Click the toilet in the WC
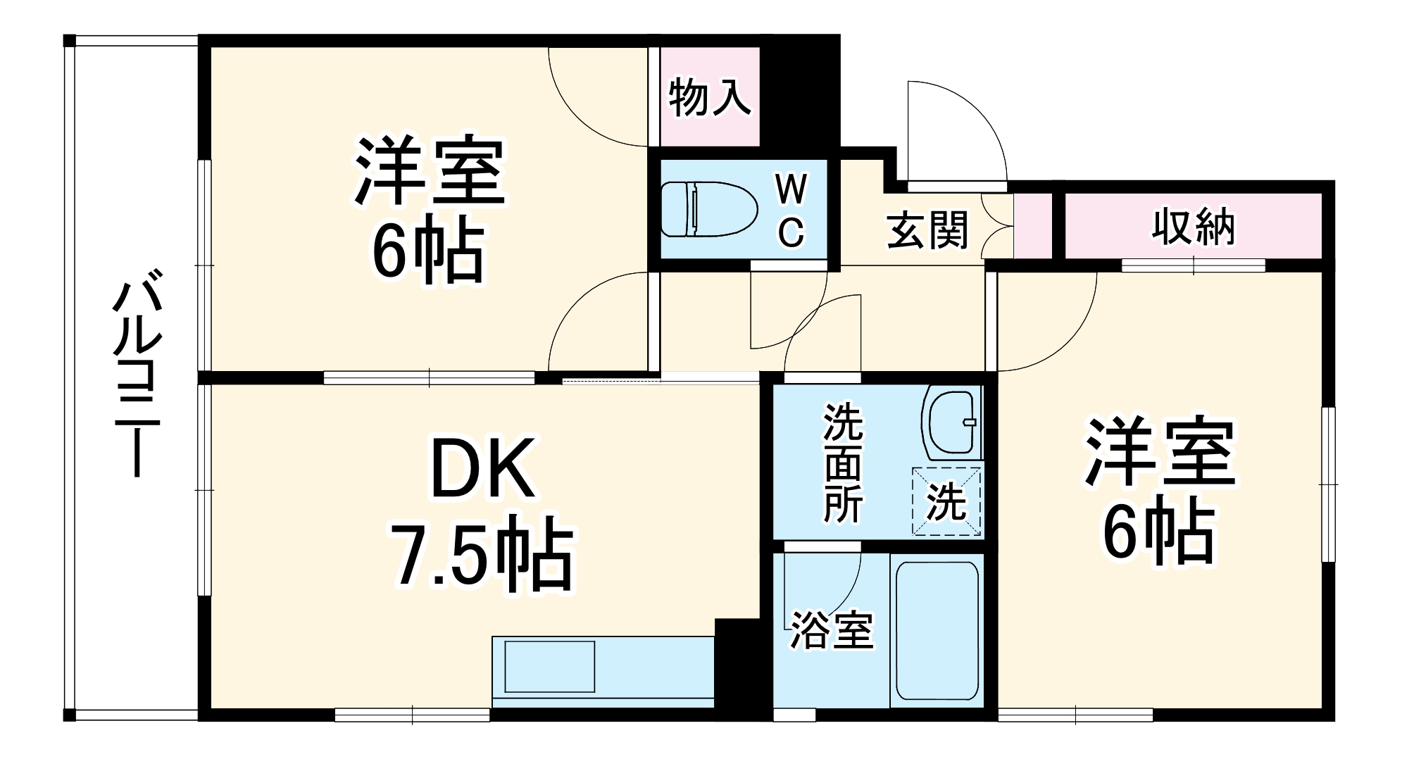click(708, 209)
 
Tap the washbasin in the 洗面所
click(953, 422)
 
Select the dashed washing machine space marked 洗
click(946, 501)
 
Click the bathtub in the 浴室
click(937, 629)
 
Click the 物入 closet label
click(709, 97)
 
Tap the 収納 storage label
click(1193, 227)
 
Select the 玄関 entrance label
click(927, 230)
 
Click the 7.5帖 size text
click(484, 556)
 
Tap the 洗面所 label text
click(843, 462)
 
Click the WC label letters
click(791, 211)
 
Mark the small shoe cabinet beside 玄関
click(1032, 225)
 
